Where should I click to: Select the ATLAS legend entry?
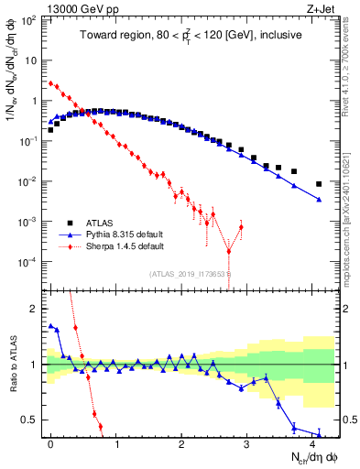pyautogui.click(x=102, y=223)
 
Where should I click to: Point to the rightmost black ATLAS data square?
pyautogui.click(x=319, y=184)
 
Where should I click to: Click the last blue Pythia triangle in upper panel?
pyautogui.click(x=319, y=199)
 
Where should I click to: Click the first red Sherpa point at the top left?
pyautogui.click(x=51, y=82)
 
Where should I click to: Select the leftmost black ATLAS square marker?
pyautogui.click(x=51, y=130)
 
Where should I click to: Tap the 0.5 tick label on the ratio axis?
pyautogui.click(x=32, y=420)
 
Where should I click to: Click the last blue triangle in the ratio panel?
pyautogui.click(x=319, y=434)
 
